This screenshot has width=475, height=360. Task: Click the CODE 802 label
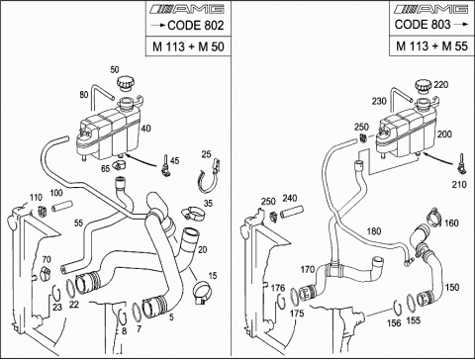coord(196,26)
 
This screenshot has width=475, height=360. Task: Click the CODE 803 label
coord(423,24)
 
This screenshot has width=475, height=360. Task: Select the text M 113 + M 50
coord(188,46)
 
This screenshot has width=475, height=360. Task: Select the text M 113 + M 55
coord(431,46)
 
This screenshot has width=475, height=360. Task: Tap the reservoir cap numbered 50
coord(126,83)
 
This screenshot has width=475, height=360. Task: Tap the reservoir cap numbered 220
coord(424,87)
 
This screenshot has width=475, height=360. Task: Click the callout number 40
coord(145,128)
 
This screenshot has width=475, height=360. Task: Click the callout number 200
coord(444,135)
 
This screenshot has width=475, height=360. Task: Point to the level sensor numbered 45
coord(165,165)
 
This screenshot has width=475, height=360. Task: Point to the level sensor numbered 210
coord(462,165)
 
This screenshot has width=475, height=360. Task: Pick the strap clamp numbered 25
coord(209,177)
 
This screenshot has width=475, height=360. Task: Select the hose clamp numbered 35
coord(194,214)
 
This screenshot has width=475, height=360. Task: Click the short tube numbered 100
coord(61,206)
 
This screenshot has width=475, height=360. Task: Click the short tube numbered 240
coord(292,212)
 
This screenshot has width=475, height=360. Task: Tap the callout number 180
coord(374,231)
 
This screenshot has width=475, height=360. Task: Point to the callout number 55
coord(78,224)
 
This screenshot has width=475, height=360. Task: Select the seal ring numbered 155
coord(411,303)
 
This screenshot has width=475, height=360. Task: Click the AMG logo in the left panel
coord(187,9)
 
